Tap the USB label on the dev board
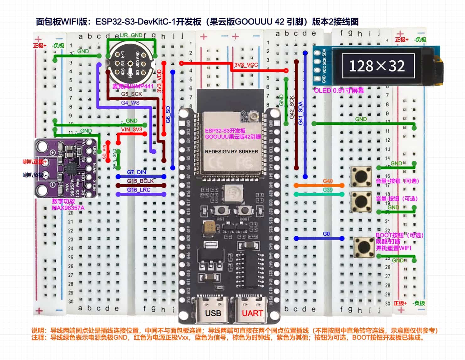tap(213, 313)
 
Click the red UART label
tap(252, 313)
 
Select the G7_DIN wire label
tap(136, 172)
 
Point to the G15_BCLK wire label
tap(140, 181)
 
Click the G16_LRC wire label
tap(138, 190)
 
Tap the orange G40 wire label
tap(327, 181)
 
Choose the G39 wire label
tap(327, 190)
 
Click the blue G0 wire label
tap(326, 234)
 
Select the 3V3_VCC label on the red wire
tap(246, 65)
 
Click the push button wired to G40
tap(361, 177)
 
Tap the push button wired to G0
tap(363, 247)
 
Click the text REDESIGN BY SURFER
tap(231, 151)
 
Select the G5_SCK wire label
tap(131, 94)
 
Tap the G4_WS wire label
tap(130, 103)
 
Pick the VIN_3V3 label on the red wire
tap(132, 129)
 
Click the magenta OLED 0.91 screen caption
tap(339, 90)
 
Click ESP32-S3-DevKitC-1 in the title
tap(135, 22)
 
